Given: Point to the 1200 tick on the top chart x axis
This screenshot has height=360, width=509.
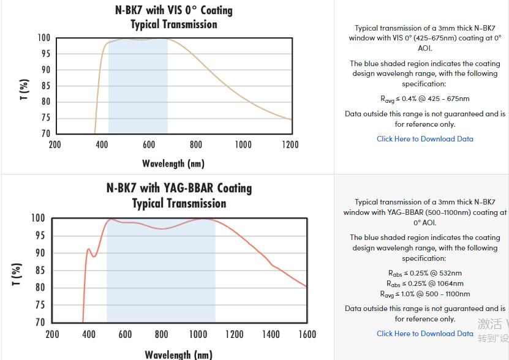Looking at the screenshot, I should pyautogui.click(x=290, y=144).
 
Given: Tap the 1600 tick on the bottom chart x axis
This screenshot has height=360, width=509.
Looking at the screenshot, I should pyautogui.click(x=307, y=334).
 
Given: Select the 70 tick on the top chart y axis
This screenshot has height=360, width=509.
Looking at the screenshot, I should pyautogui.click(x=45, y=133).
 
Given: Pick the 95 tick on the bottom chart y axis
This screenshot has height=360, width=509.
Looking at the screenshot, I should pyautogui.click(x=38, y=236).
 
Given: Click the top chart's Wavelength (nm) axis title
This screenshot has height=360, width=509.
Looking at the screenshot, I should pyautogui.click(x=173, y=163).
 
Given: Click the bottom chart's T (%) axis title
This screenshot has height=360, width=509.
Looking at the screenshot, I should pyautogui.click(x=17, y=274).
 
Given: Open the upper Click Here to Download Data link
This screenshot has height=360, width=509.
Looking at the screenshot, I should pyautogui.click(x=424, y=139).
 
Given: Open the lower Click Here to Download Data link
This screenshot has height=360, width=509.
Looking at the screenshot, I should pyautogui.click(x=424, y=334).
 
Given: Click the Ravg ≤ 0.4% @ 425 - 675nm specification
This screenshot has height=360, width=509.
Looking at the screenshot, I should pyautogui.click(x=424, y=99).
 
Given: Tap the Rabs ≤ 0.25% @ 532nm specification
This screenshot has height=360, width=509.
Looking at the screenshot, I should pyautogui.click(x=424, y=273).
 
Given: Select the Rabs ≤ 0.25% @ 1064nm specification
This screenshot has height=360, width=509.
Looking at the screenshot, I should pyautogui.click(x=424, y=283).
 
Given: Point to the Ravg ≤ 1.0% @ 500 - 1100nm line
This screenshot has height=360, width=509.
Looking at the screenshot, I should pyautogui.click(x=424, y=294).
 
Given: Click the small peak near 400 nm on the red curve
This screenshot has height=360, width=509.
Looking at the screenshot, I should pyautogui.click(x=89, y=249).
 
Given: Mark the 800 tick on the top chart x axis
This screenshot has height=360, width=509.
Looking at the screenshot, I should pyautogui.click(x=196, y=144).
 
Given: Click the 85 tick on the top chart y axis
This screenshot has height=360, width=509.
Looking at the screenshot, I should pyautogui.click(x=45, y=86).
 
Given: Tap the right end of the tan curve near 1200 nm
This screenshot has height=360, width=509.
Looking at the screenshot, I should pyautogui.click(x=291, y=119).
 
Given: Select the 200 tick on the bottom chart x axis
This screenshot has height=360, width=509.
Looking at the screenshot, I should pyautogui.click(x=53, y=334).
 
